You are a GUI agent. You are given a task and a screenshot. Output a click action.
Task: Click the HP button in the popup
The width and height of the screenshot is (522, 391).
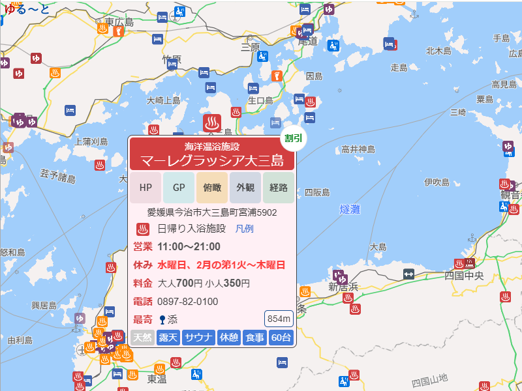[x=146, y=188]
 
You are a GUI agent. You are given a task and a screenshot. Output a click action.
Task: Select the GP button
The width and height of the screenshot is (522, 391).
[x=179, y=188]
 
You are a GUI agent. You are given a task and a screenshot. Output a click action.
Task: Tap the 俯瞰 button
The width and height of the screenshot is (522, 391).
[x=212, y=188]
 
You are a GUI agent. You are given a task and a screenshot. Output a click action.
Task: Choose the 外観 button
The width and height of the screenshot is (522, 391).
[x=245, y=188]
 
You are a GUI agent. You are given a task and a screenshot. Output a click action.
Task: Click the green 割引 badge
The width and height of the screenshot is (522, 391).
[x=293, y=138]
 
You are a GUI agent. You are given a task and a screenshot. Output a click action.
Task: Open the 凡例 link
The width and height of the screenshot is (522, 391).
[x=244, y=229]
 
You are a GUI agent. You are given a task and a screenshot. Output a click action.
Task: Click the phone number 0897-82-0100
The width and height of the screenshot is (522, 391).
[x=188, y=302]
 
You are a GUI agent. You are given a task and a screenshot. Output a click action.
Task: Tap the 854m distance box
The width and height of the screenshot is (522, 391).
[x=279, y=319]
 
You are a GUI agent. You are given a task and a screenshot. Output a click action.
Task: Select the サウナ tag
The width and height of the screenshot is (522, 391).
[x=198, y=338]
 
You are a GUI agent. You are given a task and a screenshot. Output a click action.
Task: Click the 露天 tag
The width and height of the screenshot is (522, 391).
[x=168, y=338]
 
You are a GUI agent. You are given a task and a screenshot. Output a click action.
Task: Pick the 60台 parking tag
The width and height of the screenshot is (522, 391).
[x=281, y=338]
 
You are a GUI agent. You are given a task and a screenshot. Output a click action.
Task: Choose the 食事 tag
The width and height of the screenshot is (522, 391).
[x=254, y=338]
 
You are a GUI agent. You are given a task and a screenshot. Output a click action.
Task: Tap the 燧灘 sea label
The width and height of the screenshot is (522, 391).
[x=351, y=209]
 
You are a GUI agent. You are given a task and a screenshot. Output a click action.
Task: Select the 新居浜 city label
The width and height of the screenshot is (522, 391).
[x=343, y=287]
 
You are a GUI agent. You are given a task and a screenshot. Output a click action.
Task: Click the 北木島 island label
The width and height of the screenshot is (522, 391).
[x=438, y=50]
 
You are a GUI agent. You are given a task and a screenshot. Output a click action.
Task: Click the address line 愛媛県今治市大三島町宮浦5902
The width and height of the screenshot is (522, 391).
[x=212, y=212]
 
